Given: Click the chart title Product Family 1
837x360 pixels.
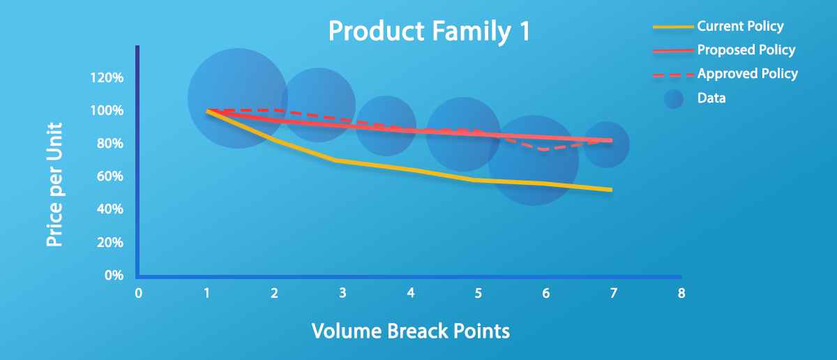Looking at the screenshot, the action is (x=430, y=31).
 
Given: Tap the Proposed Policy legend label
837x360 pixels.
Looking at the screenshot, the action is (x=746, y=50).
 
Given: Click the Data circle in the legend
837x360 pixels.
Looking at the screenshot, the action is (x=674, y=99).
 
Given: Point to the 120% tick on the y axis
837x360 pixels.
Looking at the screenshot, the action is (x=107, y=77).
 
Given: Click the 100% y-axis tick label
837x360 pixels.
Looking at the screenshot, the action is (x=107, y=111).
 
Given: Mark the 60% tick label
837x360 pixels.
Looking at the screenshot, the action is (x=110, y=176).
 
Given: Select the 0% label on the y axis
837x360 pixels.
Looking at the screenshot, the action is (x=114, y=275).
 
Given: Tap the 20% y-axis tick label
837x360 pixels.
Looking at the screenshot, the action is (x=110, y=243).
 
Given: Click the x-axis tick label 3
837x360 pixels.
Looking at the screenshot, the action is (x=342, y=293).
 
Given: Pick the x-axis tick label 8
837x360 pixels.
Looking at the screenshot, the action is (x=681, y=293).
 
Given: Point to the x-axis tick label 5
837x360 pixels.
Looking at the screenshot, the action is (x=478, y=293).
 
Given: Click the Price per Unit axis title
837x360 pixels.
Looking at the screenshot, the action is (x=54, y=184).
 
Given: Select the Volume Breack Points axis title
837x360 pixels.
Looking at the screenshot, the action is (x=411, y=331).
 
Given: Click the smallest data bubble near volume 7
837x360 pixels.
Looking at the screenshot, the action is (x=606, y=144).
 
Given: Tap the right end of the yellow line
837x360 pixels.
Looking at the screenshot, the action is (x=611, y=190).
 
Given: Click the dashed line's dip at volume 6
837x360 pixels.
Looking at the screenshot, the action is (x=543, y=149).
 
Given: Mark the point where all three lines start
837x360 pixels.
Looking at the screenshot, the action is (x=207, y=111).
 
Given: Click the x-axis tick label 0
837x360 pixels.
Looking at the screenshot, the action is (x=139, y=293).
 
